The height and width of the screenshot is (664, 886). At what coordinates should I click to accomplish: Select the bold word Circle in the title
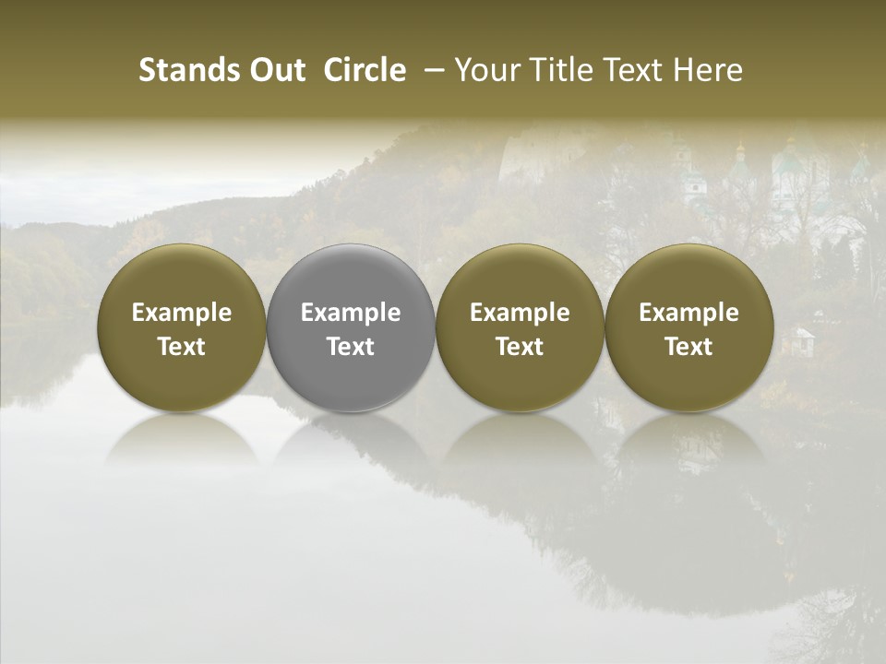365,70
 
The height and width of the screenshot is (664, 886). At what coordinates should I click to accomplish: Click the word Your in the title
485,70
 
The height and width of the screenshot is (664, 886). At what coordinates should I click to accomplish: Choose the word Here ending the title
709,70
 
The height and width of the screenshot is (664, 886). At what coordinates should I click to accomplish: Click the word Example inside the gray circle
351,313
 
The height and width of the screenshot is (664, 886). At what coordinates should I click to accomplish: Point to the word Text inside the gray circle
351,347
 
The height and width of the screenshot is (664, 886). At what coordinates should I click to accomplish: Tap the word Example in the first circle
182,313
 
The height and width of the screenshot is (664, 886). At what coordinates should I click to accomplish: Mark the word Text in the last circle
688,347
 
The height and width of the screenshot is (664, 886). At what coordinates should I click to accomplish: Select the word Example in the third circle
520,313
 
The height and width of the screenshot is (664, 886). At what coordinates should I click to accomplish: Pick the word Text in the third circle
520,347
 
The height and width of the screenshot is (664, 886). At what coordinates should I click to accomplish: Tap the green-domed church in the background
790,175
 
